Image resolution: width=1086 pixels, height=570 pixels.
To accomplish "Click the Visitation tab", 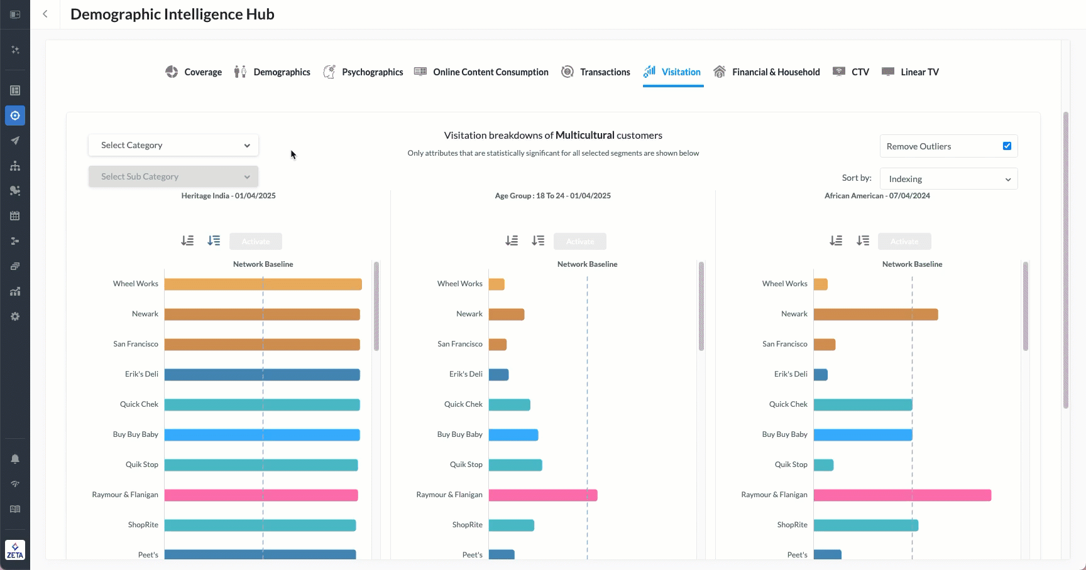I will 673,72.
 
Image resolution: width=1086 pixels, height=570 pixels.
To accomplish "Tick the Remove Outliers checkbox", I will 1007,146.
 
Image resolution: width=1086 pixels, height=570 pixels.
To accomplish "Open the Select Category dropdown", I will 173,145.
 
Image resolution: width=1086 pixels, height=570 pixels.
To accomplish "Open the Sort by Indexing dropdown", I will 948,179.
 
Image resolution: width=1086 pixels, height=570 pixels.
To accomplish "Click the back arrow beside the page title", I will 45,14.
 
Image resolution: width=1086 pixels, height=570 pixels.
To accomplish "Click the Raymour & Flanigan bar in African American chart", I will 902,495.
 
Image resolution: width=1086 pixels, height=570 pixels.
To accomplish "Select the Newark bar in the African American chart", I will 875,315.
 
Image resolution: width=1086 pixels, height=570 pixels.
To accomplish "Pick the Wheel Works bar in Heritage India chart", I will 263,284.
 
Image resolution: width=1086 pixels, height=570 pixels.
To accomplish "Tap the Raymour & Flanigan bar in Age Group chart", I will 543,495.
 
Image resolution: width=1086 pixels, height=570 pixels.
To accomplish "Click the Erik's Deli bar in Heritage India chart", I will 262,375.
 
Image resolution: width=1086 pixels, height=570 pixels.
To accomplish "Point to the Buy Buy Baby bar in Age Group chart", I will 513,435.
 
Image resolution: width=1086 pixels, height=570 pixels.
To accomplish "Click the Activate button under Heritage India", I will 256,242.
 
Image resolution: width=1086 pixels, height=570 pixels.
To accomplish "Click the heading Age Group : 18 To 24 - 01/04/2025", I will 552,196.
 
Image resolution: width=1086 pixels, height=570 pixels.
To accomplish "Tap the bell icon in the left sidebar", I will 15,459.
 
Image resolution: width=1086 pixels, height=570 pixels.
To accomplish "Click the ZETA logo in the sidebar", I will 15,550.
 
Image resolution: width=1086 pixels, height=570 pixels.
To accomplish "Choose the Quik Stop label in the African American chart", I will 791,465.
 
